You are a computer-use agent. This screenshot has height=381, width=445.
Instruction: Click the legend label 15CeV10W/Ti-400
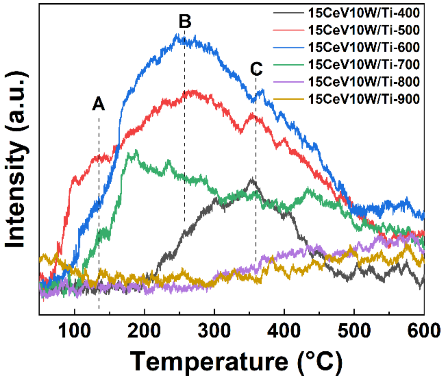(x=364, y=13)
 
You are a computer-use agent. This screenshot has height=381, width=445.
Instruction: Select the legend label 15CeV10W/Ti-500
(x=364, y=30)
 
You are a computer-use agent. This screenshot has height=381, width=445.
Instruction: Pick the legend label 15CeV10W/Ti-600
(x=364, y=47)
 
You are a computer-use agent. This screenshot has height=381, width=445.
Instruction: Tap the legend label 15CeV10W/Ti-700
(x=364, y=65)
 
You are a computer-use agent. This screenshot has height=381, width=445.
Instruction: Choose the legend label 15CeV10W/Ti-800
(x=364, y=82)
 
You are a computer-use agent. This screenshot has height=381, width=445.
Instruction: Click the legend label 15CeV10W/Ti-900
(x=364, y=99)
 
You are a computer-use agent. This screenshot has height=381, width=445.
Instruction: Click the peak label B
(x=185, y=21)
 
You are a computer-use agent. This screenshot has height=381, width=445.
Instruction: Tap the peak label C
(x=256, y=69)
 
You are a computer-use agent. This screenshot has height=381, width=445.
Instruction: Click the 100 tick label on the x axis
(x=74, y=331)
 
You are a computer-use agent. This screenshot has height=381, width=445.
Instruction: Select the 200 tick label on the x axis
(x=144, y=331)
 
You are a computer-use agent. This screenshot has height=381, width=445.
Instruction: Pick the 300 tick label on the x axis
(x=214, y=331)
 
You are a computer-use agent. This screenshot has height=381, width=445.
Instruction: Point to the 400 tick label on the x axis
(x=284, y=331)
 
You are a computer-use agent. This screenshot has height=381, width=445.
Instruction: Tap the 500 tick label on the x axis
(x=354, y=331)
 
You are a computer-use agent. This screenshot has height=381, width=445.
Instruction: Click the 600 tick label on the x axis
(x=424, y=331)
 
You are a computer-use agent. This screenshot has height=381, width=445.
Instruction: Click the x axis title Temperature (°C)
(x=236, y=362)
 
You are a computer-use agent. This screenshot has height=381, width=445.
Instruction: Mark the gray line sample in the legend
(x=288, y=13)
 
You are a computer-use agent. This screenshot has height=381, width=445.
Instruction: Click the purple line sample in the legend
(x=288, y=82)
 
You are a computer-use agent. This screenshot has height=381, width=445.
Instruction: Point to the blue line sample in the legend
(x=288, y=47)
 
